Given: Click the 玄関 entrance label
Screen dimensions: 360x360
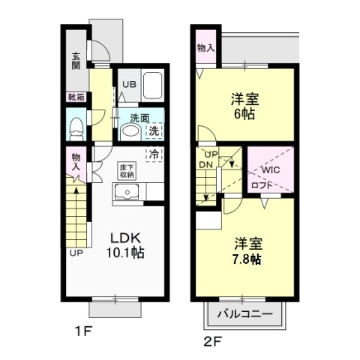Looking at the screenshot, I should tap(76, 59).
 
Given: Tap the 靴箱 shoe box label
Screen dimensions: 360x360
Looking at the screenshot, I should tap(76, 97).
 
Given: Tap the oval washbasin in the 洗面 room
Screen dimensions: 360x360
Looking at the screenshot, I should tap(129, 132).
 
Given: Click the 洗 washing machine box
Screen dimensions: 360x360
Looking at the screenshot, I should tap(154, 130).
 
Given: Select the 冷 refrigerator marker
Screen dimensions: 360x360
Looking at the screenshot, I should tap(154, 154).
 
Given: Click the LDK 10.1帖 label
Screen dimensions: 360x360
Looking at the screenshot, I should tap(124, 244).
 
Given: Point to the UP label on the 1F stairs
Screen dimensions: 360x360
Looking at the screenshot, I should tap(76, 253).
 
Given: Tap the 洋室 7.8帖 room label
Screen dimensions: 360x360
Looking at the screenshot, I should tap(246, 250).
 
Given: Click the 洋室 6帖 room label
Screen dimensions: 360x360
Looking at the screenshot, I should tap(241, 105).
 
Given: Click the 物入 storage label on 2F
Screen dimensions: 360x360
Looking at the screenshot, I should tap(205, 47).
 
